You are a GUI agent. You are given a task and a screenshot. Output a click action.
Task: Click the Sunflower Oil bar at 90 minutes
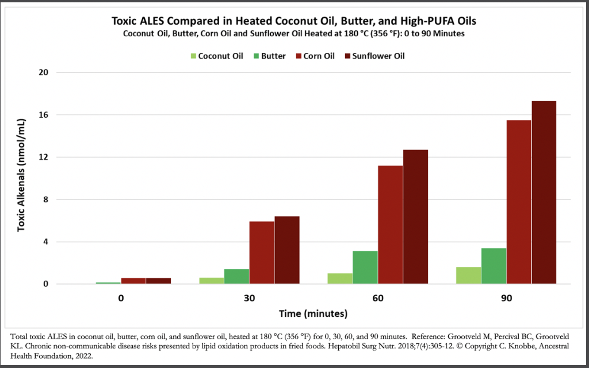tap(544, 193)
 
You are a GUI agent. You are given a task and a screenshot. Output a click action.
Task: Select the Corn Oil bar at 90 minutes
tap(518, 202)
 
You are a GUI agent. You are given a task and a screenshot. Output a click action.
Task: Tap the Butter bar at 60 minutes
tap(365, 267)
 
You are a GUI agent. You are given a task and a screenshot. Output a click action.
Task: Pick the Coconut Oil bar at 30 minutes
tap(211, 281)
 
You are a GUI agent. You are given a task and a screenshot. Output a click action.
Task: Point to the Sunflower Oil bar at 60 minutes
tap(415, 217)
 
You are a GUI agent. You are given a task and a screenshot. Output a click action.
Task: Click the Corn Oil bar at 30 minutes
tap(262, 252)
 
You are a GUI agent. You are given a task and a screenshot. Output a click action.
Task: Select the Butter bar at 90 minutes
tap(494, 266)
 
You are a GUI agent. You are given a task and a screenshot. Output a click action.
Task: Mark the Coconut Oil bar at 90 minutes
tap(468, 275)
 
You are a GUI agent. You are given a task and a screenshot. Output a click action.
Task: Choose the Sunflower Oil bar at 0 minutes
tap(158, 281)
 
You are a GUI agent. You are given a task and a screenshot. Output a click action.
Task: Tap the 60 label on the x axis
tap(378, 299)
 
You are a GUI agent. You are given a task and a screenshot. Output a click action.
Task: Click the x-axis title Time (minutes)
tap(313, 314)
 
